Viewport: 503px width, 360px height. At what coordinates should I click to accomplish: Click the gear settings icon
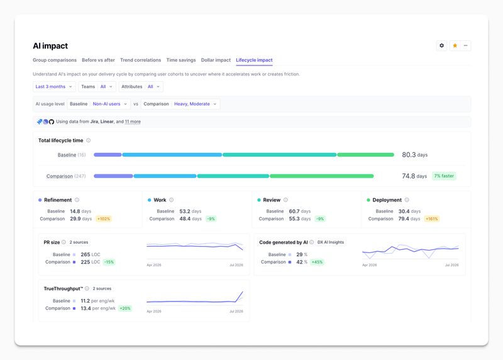pyautogui.click(x=441, y=45)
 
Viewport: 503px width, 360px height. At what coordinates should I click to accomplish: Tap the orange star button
pyautogui.click(x=455, y=45)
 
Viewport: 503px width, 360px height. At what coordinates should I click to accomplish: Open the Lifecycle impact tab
pyautogui.click(x=254, y=60)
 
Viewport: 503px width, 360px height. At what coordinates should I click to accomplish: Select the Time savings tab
pyautogui.click(x=181, y=60)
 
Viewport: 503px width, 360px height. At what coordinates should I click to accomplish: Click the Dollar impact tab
pyautogui.click(x=216, y=60)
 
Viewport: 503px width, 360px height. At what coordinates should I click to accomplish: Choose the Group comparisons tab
pyautogui.click(x=55, y=60)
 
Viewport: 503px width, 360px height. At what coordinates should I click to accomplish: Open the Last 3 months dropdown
pyautogui.click(x=54, y=87)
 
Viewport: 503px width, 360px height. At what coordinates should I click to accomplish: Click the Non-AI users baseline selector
pyautogui.click(x=109, y=104)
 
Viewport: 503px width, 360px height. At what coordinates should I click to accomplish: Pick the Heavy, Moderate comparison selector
pyautogui.click(x=195, y=104)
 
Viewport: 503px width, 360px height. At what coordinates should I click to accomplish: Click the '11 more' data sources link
pyautogui.click(x=133, y=121)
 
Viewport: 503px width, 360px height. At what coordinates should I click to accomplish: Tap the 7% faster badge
pyautogui.click(x=444, y=176)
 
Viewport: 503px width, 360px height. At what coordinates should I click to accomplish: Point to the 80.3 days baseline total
pyautogui.click(x=415, y=155)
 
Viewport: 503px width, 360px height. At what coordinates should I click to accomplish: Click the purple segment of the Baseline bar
pyautogui.click(x=108, y=155)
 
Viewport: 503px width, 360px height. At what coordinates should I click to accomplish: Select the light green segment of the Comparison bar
pyautogui.click(x=322, y=176)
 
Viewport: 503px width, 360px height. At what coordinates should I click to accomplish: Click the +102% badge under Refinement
pyautogui.click(x=104, y=219)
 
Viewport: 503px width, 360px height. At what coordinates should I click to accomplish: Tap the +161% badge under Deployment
pyautogui.click(x=432, y=219)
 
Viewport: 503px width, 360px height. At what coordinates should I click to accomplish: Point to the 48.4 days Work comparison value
pyautogui.click(x=191, y=218)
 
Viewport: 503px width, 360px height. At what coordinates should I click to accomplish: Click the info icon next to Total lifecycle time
pyautogui.click(x=88, y=140)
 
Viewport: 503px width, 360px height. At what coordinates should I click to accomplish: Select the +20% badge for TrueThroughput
pyautogui.click(x=125, y=308)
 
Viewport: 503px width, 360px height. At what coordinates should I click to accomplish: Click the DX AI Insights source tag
pyautogui.click(x=331, y=242)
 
